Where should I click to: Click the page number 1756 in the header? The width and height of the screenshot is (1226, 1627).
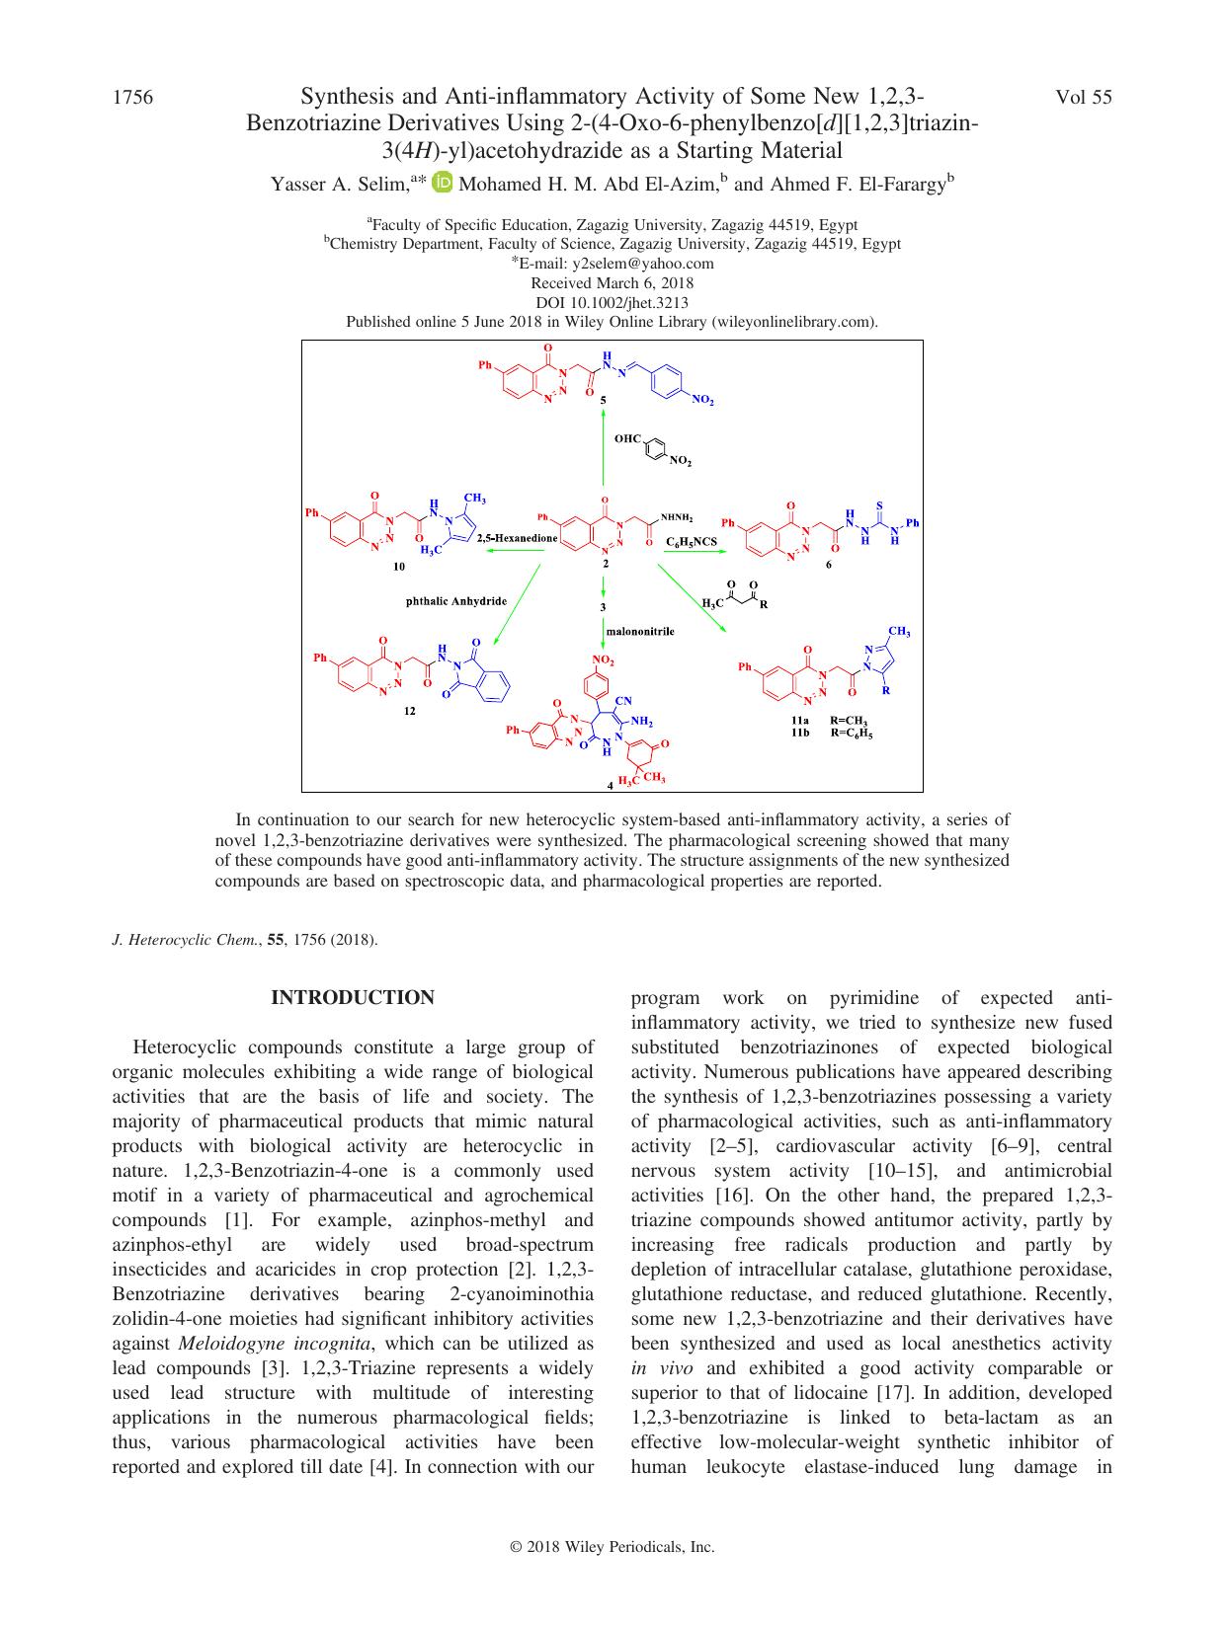tap(132, 97)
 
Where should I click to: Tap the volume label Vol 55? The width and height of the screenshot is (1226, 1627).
tap(1084, 97)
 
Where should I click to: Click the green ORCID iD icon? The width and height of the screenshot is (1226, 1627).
tap(443, 182)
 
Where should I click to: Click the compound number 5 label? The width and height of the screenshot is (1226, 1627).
tap(605, 401)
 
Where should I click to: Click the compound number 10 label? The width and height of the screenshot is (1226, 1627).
tap(398, 567)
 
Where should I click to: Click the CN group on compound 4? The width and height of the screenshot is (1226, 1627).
tap(622, 701)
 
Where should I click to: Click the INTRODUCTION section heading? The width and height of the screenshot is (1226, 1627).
tap(353, 997)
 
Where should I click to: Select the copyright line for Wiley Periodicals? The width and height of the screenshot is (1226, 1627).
tap(613, 1548)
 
